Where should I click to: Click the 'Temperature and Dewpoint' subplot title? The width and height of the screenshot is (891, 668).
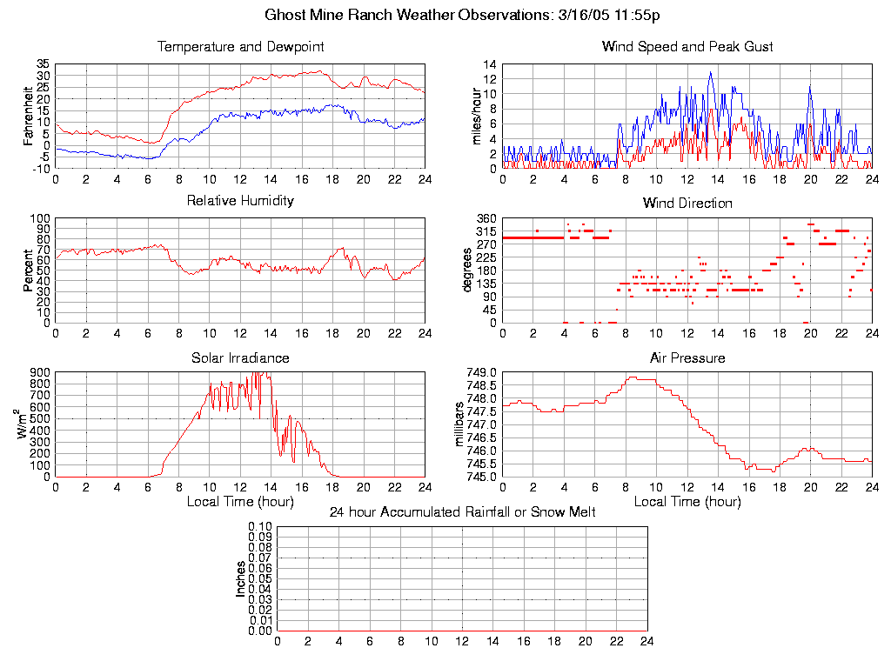[x=240, y=46]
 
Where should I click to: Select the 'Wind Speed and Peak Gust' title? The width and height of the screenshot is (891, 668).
[x=687, y=46]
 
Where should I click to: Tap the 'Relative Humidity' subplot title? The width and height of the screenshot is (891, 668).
[x=240, y=201]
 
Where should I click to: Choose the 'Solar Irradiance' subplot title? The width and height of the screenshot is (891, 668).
[x=240, y=357]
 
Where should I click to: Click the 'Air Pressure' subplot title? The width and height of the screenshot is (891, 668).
[x=687, y=357]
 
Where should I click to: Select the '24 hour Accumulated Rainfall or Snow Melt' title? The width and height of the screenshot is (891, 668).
[x=462, y=512]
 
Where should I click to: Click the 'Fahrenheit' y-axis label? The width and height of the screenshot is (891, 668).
[x=30, y=116]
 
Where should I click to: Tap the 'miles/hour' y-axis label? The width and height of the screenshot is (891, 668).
[x=477, y=116]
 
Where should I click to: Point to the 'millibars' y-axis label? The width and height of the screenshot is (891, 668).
[x=461, y=425]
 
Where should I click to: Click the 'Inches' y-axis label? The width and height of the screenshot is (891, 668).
[x=241, y=578]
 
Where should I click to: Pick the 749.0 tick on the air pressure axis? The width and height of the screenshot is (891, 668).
[x=481, y=372]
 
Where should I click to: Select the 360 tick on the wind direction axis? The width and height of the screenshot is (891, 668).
[x=487, y=218]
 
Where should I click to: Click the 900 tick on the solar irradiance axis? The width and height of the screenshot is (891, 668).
[x=40, y=372]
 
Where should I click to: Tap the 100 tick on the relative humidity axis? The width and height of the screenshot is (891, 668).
[x=40, y=218]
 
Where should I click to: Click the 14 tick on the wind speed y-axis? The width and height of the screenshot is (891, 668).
[x=490, y=64]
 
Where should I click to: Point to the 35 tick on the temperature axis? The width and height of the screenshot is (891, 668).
[x=43, y=64]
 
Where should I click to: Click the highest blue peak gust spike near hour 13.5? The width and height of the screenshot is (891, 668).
[x=711, y=73]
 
